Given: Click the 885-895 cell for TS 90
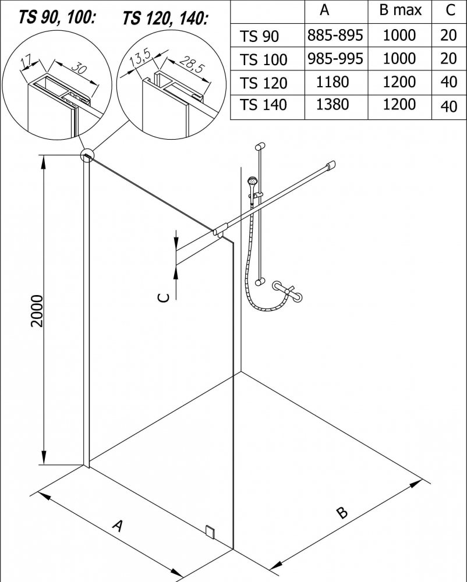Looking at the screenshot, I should pyautogui.click(x=335, y=36).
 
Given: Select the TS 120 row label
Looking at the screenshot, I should pyautogui.click(x=263, y=83).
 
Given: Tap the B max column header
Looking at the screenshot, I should pyautogui.click(x=399, y=10).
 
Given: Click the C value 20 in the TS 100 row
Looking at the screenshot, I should pyautogui.click(x=448, y=59).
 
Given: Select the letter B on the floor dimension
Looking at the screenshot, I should pyautogui.click(x=342, y=512).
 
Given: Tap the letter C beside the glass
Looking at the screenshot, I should pyautogui.click(x=165, y=297).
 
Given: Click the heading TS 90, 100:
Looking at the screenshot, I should pyautogui.click(x=56, y=17).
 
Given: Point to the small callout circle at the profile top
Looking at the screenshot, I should pyautogui.click(x=87, y=155).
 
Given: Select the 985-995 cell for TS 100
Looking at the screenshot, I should pyautogui.click(x=335, y=59).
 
